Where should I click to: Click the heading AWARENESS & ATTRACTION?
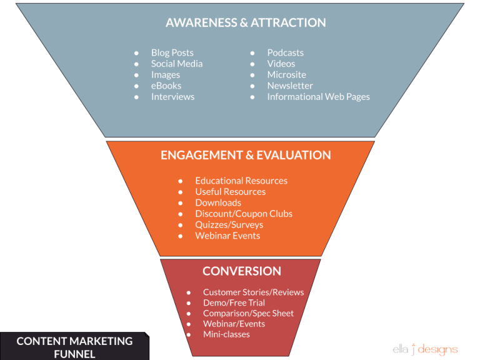246,23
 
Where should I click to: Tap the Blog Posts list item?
172,53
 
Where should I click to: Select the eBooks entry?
166,86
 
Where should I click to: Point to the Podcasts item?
285,53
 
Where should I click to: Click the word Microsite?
286,75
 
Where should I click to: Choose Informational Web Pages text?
318,97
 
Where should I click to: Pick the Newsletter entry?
290,86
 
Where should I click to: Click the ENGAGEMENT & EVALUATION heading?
246,156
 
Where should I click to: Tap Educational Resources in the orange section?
241,181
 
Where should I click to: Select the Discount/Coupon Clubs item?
244,214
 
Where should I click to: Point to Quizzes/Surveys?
229,224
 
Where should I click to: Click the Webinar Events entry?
227,236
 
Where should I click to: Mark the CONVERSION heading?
241,271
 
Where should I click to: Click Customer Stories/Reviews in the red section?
253,292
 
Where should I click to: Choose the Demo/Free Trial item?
234,302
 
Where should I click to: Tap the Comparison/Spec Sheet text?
248,313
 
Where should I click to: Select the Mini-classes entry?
226,334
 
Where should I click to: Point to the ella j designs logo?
425,349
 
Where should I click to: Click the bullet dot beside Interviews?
136,97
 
